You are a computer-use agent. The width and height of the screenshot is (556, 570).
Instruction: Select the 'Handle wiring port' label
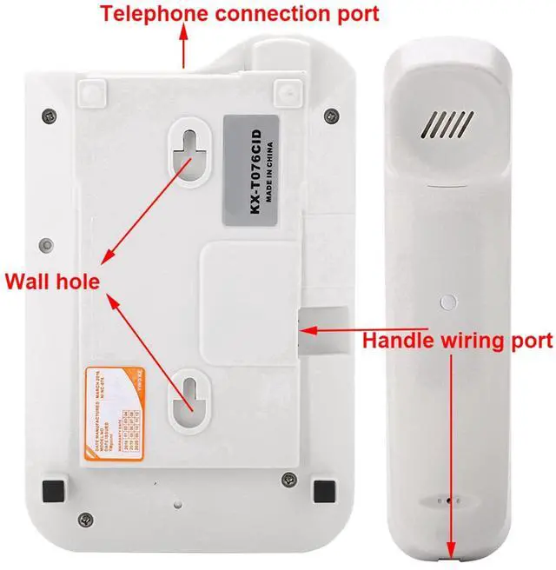point(456,341)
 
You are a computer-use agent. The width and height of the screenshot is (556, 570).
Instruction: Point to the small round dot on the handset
point(447,302)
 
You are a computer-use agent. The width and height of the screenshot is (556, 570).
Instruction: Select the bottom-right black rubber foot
point(324,487)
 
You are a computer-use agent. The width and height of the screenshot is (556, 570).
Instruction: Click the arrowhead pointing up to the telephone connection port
point(184,31)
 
